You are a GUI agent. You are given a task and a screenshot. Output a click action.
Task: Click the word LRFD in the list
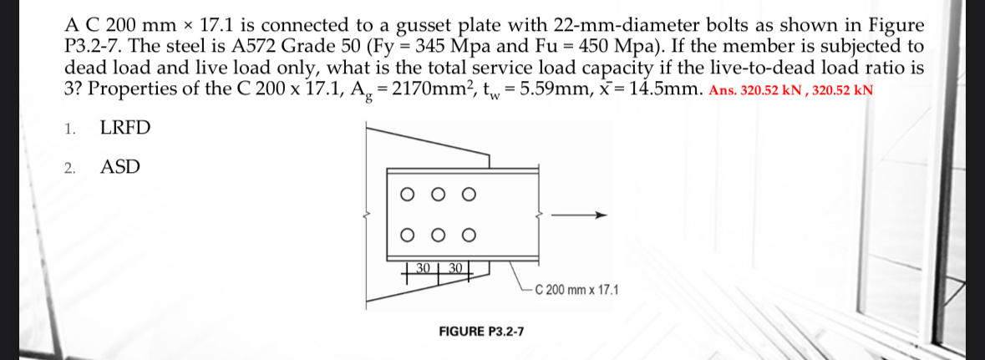[x=125, y=129]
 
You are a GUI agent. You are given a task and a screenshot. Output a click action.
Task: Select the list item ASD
[x=120, y=167]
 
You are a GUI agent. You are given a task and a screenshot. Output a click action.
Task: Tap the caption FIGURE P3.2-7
[x=482, y=332]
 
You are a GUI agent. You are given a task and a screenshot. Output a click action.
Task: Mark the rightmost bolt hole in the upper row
[x=469, y=195]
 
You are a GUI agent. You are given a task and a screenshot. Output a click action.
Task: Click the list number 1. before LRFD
[x=71, y=129]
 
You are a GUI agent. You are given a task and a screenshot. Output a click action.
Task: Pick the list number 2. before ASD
[x=71, y=168]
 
